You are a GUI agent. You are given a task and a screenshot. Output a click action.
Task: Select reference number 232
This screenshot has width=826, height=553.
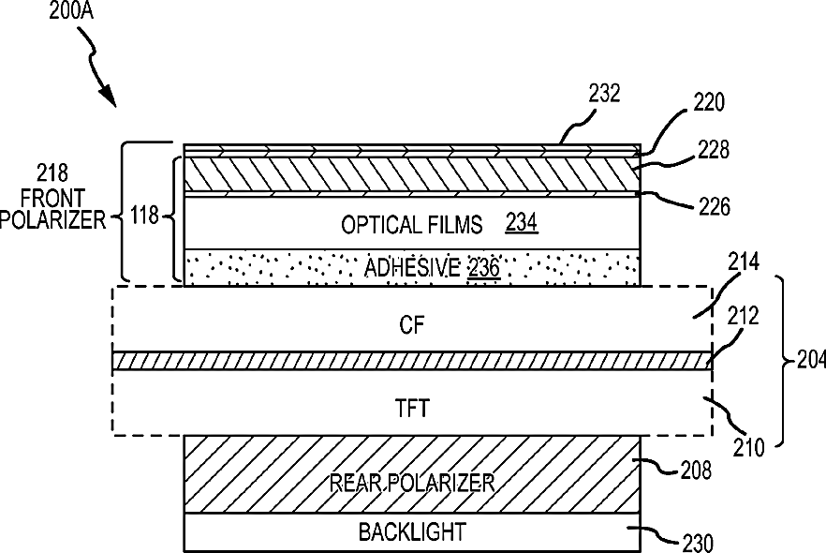(605, 93)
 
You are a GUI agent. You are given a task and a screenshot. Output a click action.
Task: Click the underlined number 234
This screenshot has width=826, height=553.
(522, 224)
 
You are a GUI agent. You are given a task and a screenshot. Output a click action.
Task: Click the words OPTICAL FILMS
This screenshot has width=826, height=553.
(412, 225)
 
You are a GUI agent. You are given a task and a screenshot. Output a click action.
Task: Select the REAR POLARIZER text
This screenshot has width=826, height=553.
(411, 483)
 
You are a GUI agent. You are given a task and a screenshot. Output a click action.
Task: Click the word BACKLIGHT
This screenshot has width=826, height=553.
(412, 532)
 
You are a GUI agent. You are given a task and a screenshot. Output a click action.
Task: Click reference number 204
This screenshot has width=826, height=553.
(804, 359)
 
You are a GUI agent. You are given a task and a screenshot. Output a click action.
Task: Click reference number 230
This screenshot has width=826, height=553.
(696, 543)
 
